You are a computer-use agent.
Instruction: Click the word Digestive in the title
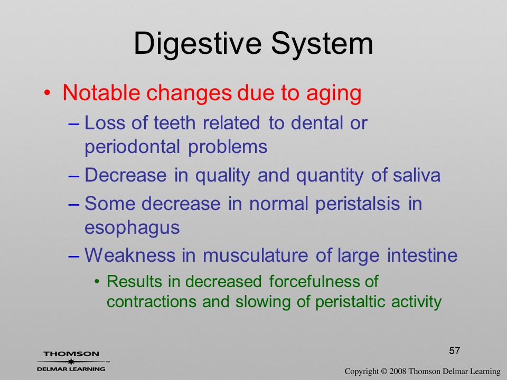tap(197, 44)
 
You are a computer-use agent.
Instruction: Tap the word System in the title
tap(322, 43)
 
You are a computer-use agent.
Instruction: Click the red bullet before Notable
tap(47, 93)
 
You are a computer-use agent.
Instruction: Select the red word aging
tap(334, 94)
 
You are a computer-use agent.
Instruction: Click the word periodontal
tap(132, 147)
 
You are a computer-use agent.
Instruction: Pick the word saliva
tap(417, 175)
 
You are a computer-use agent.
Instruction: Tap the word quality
tap(222, 176)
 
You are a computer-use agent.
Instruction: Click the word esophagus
tap(132, 229)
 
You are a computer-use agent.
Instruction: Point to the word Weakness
tap(130, 255)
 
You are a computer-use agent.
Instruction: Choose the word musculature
tap(256, 255)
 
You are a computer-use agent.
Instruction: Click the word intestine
tap(422, 255)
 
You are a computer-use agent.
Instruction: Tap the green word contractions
tap(152, 302)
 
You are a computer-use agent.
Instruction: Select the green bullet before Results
tap(97, 282)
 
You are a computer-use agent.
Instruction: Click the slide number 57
tap(454, 350)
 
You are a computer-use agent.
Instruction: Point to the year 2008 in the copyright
tap(398, 371)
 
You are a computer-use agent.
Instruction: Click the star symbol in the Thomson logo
tap(71, 361)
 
